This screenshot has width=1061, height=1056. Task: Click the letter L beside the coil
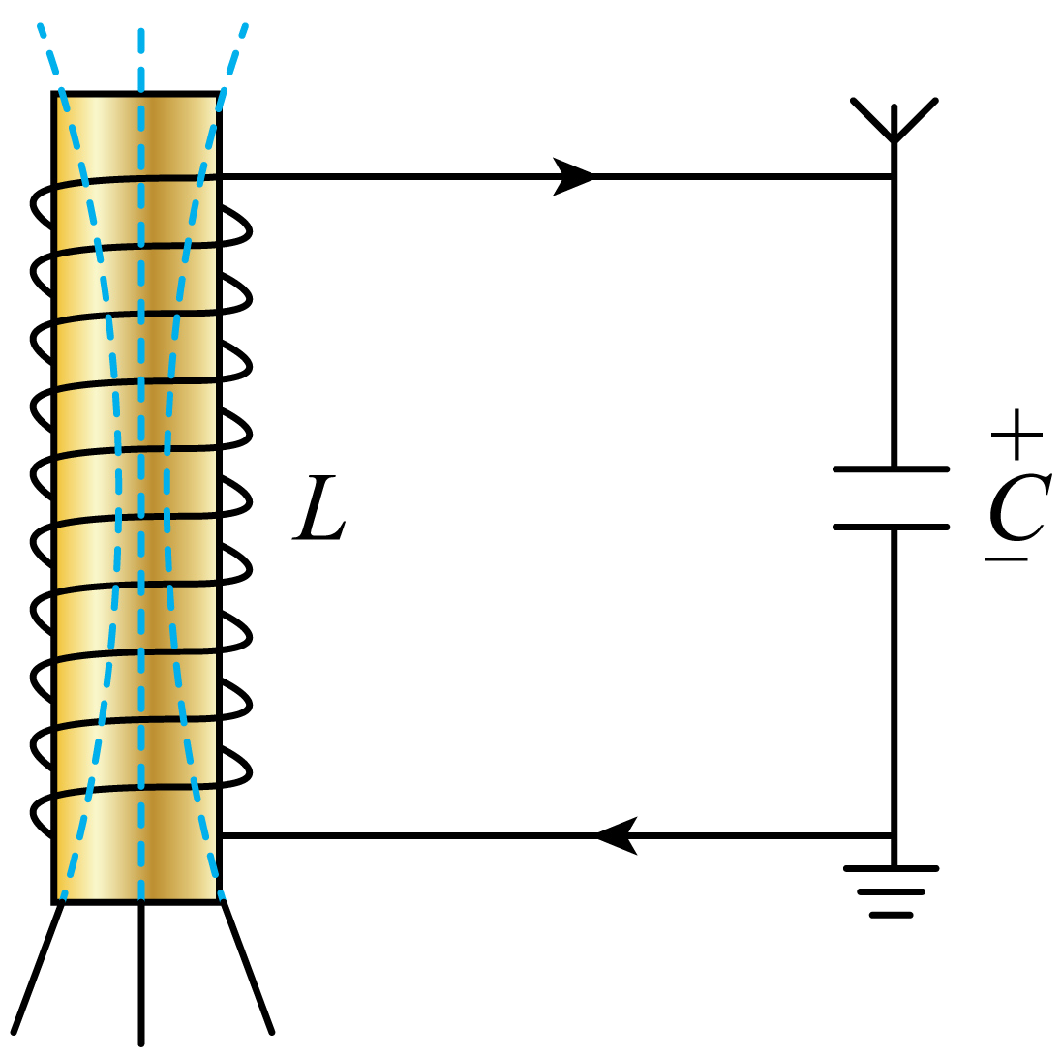pos(318,508)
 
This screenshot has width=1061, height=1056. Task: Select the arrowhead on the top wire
pos(572,176)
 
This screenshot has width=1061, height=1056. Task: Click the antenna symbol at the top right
pos(894,122)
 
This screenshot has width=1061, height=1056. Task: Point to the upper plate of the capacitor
pos(892,469)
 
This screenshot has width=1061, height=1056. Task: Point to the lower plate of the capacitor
pos(892,528)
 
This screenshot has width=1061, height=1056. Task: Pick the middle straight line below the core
pos(141,973)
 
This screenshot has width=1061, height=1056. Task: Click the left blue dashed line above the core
pos(50,58)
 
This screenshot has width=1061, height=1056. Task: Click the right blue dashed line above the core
pos(235,58)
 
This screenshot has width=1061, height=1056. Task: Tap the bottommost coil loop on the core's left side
pos(41,813)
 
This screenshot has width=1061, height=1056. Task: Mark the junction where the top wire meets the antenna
pos(894,176)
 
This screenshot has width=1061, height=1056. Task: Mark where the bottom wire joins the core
pos(222,834)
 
